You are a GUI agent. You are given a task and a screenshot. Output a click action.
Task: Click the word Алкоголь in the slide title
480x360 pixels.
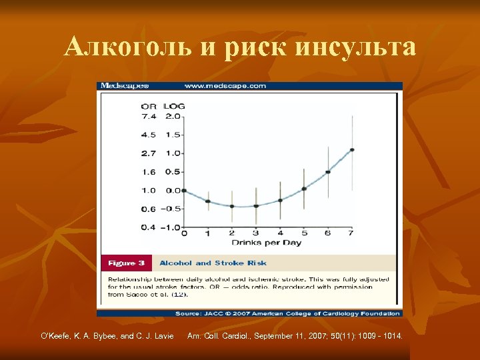tap(127, 47)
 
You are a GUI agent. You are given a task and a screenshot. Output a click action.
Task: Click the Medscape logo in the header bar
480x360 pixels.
tap(125, 85)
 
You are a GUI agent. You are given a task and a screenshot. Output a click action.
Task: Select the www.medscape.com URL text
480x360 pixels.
tap(225, 85)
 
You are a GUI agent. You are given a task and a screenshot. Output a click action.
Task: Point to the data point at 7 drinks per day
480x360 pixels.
tap(351, 150)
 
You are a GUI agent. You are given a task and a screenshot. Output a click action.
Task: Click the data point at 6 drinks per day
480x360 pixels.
tap(327, 172)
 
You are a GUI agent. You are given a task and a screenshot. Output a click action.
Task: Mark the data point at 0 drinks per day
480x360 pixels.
tap(184, 191)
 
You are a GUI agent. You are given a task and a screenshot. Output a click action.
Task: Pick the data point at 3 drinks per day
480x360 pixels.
tap(256, 206)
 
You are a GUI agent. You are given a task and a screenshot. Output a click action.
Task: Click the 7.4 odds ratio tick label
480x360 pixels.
tap(148, 115)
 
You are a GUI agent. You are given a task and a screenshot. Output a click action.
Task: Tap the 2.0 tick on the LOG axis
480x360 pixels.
tap(172, 115)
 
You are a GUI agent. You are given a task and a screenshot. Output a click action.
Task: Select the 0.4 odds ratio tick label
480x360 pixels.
tap(148, 227)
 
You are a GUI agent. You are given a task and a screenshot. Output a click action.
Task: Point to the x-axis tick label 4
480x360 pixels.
tap(280, 234)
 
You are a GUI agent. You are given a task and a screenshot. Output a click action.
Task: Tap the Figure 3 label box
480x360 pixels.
tap(125, 263)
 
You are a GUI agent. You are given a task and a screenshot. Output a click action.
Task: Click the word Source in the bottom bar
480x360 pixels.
tap(189, 313)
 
